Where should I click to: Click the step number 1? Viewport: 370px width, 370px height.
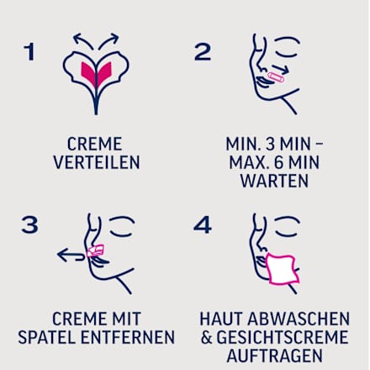point(29,52)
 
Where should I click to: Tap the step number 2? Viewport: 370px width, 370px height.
point(203,52)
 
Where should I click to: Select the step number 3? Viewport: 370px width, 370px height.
point(29,225)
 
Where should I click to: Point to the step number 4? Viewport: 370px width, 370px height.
point(203,225)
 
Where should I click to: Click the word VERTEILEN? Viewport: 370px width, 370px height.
point(97,162)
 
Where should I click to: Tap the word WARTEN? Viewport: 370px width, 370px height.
point(274,181)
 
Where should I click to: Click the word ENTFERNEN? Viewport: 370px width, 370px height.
point(128,337)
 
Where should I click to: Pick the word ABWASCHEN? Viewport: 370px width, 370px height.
point(299,319)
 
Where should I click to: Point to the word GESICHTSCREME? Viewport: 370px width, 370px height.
point(283,337)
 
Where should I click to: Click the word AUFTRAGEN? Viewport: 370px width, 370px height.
point(274,356)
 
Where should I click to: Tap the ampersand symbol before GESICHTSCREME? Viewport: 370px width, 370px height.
point(206,337)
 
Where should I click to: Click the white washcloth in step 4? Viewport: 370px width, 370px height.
point(282,269)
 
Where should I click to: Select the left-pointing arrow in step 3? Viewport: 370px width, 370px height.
point(71,255)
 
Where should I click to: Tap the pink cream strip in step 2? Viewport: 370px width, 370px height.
point(276,77)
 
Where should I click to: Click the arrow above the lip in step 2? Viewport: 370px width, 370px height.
point(280,69)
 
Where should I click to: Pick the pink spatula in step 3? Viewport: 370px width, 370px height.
point(95,251)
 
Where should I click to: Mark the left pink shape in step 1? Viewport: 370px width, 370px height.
point(87,72)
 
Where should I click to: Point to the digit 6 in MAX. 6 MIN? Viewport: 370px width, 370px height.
point(278,162)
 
